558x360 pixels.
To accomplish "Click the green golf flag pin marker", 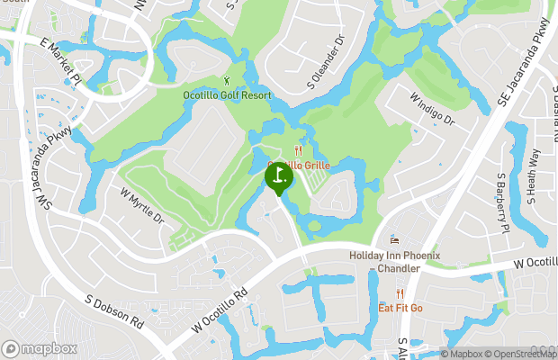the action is click(x=278, y=175).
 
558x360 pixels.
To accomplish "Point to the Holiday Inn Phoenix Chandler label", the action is click(x=394, y=262).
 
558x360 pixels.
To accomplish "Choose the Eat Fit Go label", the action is click(x=400, y=308).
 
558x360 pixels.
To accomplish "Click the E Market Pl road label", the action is click(x=60, y=60).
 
